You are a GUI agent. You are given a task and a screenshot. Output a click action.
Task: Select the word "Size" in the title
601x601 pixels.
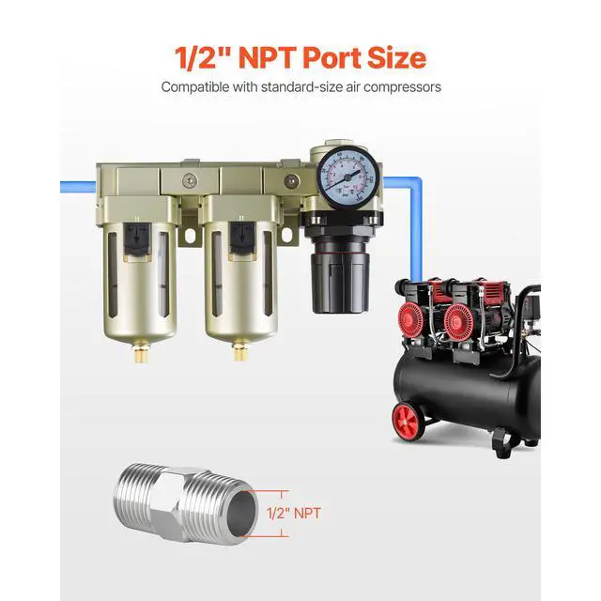point(396,57)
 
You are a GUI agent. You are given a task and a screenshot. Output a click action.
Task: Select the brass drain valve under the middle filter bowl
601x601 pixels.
point(238,355)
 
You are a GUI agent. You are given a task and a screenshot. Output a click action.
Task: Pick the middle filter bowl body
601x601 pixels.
point(238,282)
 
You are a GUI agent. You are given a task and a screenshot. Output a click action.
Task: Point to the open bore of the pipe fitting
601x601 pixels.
point(241,514)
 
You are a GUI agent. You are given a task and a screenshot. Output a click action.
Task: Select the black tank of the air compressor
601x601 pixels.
point(470,394)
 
